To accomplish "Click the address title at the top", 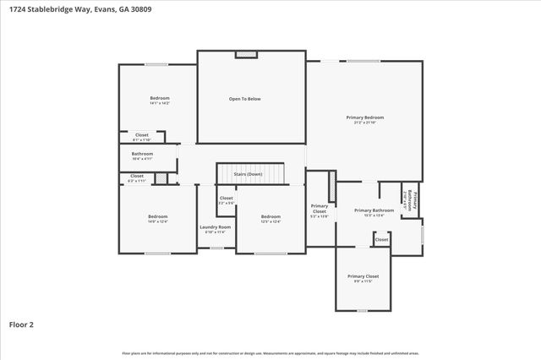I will click(65, 8).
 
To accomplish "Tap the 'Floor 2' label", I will click(21, 324).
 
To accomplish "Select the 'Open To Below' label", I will click(244, 99).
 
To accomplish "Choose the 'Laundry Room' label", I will click(215, 228).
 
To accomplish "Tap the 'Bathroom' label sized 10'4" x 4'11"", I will click(142, 155).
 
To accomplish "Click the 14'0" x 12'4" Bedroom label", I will click(158, 218).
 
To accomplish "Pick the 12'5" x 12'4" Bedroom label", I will click(270, 218).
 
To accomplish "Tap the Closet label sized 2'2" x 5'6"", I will click(227, 200).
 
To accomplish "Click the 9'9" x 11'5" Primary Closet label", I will click(363, 278).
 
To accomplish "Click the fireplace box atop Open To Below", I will click(245, 54).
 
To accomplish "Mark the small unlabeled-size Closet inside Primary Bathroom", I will click(381, 240).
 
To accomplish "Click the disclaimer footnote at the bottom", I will click(270, 353).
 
